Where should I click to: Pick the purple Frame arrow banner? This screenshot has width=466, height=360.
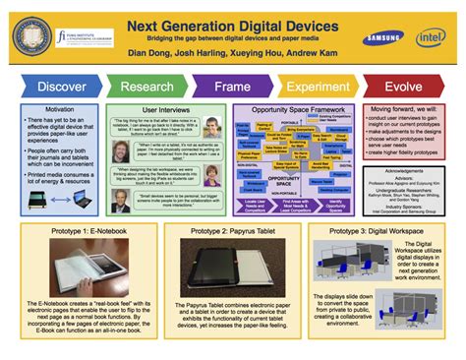pyautogui.click(x=234, y=86)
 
